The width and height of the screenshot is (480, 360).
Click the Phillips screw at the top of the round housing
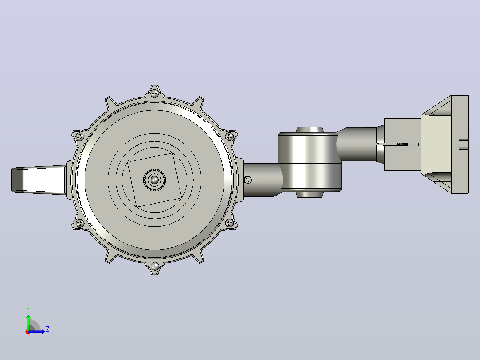click(155, 93)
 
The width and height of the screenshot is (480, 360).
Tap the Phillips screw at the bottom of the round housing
click(155, 266)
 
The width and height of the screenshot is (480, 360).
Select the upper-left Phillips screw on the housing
click(80, 136)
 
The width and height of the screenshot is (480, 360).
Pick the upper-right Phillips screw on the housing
click(230, 136)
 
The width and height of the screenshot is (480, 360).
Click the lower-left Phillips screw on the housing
click(80, 223)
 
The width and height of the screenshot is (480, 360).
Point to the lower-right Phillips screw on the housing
click(230, 223)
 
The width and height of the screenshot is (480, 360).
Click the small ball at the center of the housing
click(155, 180)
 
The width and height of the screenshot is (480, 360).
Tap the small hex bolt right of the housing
click(248, 180)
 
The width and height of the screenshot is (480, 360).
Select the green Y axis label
click(28, 310)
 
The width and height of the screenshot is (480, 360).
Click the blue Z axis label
click(48, 329)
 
